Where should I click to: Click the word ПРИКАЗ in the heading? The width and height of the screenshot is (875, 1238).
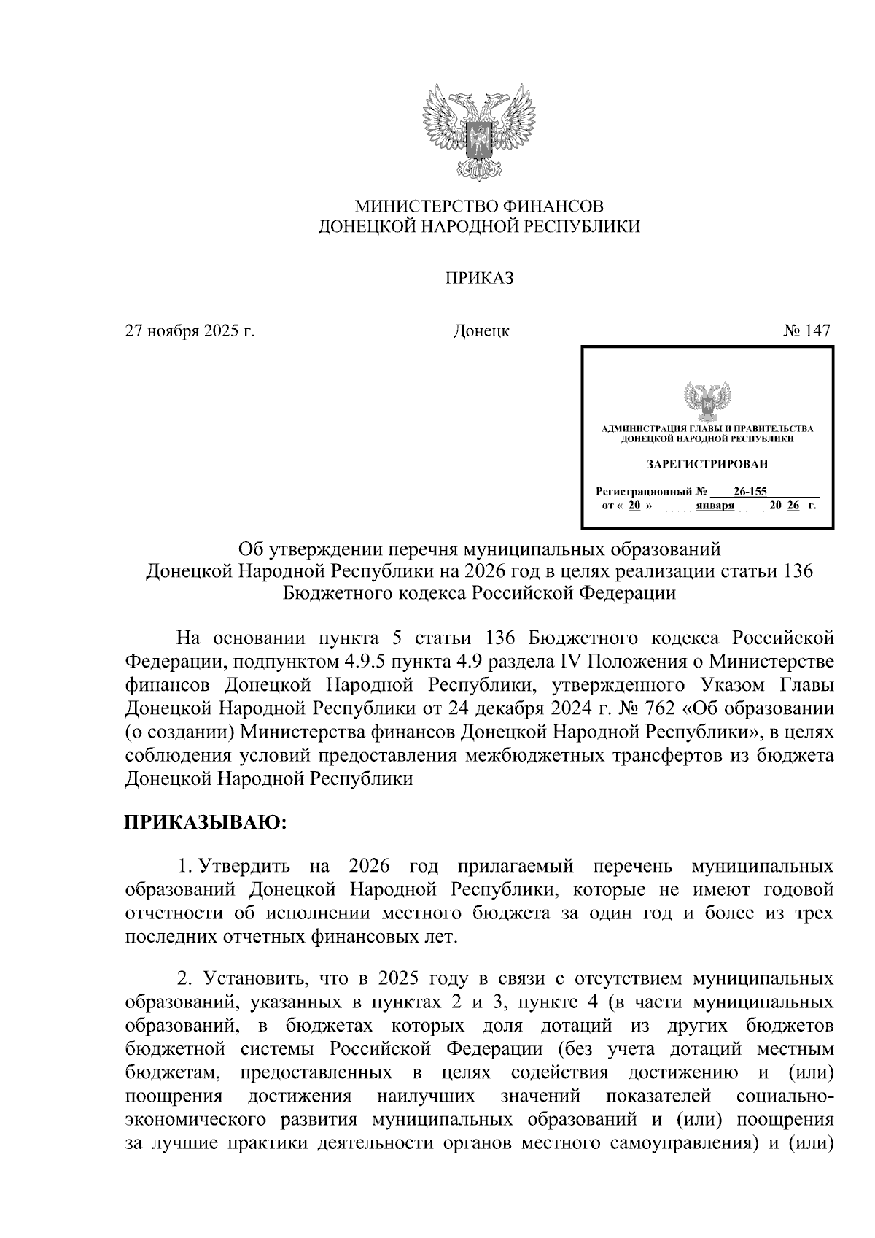pyautogui.click(x=480, y=279)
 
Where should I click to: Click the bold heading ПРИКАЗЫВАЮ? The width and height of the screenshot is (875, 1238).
pyautogui.click(x=206, y=823)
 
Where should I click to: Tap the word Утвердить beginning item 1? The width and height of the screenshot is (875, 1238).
pyautogui.click(x=245, y=867)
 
